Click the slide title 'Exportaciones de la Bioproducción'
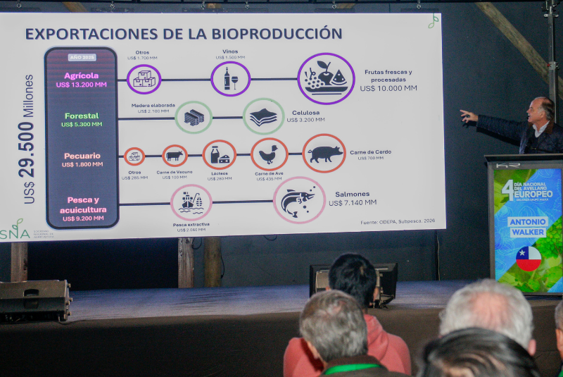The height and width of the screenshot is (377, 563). click(184, 33)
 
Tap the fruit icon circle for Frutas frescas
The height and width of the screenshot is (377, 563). click(326, 78)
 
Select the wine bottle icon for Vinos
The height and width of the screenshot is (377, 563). click(230, 79)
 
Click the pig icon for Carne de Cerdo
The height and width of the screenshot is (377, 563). click(324, 153)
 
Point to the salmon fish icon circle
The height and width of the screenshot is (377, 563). click(298, 200)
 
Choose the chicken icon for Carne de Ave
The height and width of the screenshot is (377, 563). click(269, 154)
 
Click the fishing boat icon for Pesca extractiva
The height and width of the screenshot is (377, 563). click(191, 202)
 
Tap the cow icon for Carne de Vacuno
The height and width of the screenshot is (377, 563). click(175, 155)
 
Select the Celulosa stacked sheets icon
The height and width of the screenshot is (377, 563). click(263, 116)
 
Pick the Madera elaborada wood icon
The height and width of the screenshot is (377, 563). click(194, 117)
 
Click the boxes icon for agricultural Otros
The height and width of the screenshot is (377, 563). click(144, 79)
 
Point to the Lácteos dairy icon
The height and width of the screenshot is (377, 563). click(220, 155)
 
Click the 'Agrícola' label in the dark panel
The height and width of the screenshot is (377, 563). click(81, 75)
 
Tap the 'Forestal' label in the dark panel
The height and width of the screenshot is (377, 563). click(82, 116)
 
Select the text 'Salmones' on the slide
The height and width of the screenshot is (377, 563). click(353, 194)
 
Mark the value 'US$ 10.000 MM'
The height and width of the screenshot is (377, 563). click(388, 88)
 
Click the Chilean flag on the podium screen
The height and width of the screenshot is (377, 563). click(528, 259)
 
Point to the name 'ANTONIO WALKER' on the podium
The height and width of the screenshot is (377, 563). click(528, 226)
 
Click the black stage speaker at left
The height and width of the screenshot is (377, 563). click(34, 299)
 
